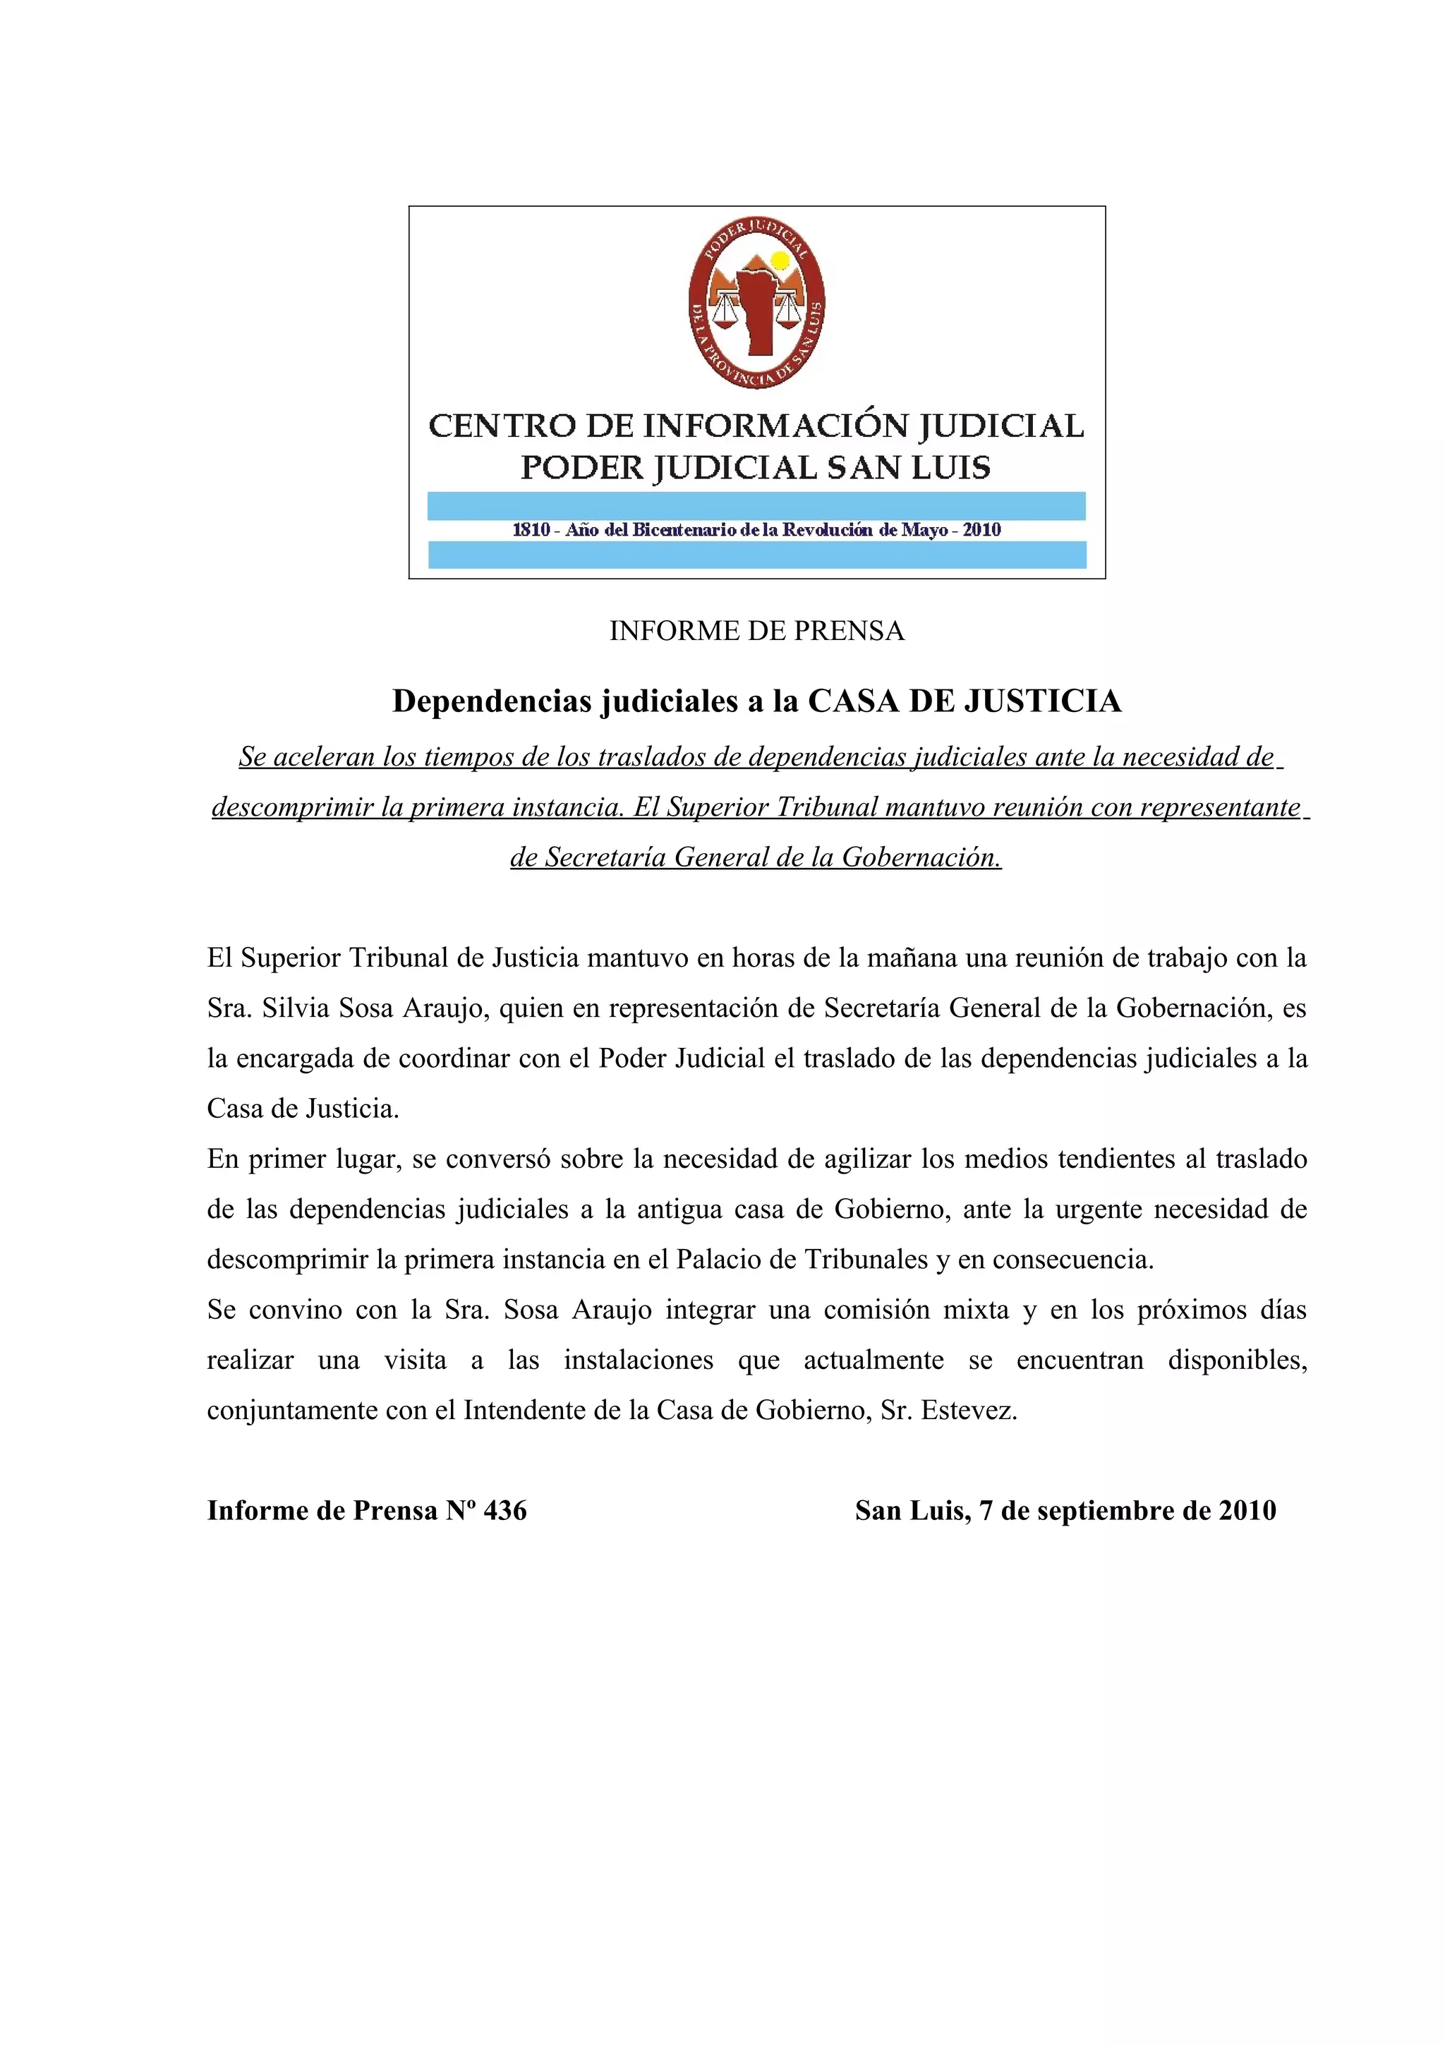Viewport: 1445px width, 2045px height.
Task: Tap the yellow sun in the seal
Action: (x=780, y=261)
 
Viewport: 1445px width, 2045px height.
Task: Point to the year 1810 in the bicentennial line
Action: (x=531, y=530)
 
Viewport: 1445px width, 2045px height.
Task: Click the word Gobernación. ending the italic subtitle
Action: (x=921, y=857)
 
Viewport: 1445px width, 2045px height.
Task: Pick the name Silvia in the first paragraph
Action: (x=294, y=1008)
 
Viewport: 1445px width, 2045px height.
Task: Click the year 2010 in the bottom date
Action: (x=1247, y=1511)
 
